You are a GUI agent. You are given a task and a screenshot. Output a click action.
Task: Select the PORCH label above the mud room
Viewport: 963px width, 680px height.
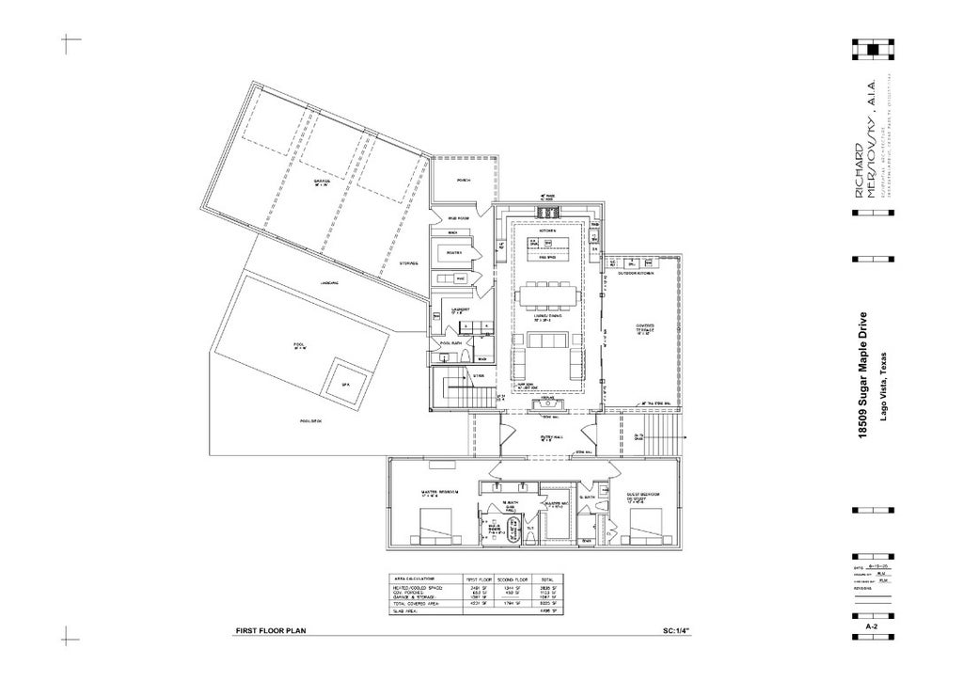[x=463, y=179]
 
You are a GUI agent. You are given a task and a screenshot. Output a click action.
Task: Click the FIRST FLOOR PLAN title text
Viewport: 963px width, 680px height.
[x=271, y=631]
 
